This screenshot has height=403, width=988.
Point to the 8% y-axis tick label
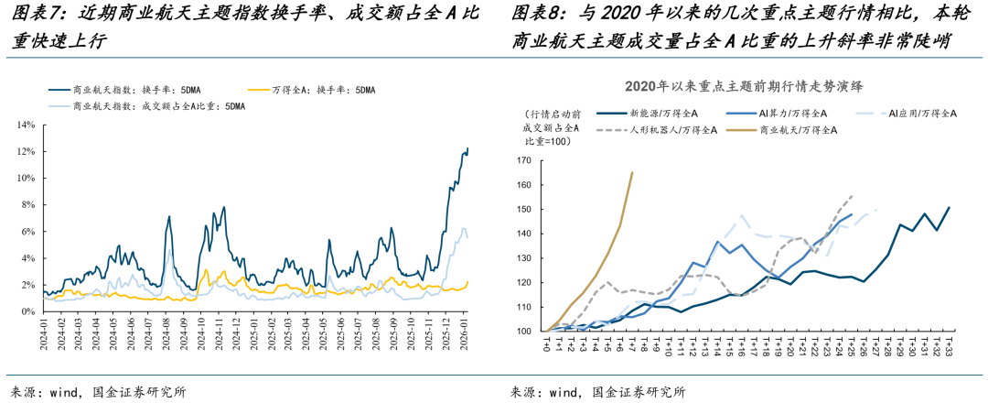click(x=27, y=204)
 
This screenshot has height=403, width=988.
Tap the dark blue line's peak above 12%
click(x=467, y=148)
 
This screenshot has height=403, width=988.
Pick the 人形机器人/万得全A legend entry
click(x=672, y=130)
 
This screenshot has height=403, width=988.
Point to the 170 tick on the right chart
click(x=523, y=160)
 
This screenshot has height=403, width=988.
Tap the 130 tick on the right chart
click(x=523, y=258)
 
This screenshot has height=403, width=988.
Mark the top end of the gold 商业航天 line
click(x=632, y=172)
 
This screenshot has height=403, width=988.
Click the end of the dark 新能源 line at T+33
click(x=949, y=208)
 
